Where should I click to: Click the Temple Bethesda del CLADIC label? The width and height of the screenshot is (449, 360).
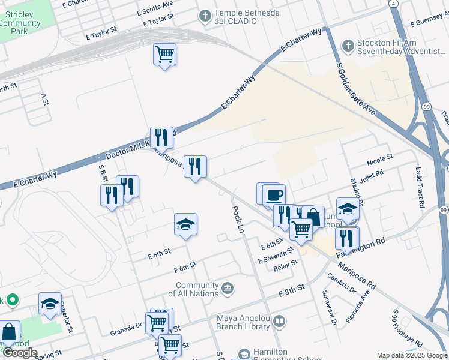235,17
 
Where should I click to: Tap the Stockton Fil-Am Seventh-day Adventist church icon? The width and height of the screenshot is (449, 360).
348,46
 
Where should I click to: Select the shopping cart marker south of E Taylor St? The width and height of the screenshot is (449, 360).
164,55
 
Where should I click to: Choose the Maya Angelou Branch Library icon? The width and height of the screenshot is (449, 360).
279,322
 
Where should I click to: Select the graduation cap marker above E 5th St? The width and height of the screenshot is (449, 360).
186,225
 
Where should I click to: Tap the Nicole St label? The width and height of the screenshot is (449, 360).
379,160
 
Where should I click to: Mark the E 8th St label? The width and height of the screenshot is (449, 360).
292,292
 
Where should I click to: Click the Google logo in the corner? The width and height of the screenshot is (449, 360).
19,352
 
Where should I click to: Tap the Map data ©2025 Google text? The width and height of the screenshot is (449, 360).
411,355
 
